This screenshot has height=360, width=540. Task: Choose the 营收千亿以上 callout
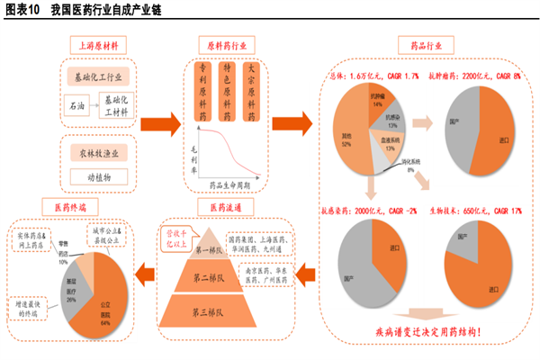[175, 237]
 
